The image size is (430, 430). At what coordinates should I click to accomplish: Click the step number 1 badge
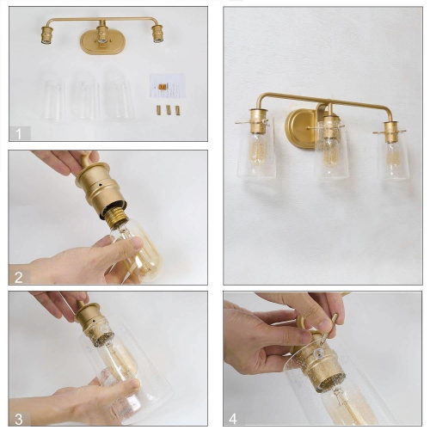click(x=20, y=132)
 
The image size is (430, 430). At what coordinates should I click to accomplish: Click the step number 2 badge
click(x=20, y=276)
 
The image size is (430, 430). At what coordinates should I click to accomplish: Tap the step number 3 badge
click(x=20, y=418)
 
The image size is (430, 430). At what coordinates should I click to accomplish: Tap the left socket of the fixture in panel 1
click(x=46, y=34)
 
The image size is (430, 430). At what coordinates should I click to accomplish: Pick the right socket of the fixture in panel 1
click(x=157, y=34)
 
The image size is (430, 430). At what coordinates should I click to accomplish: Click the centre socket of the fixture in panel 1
click(x=101, y=35)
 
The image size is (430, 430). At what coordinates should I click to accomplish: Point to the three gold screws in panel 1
click(x=168, y=110)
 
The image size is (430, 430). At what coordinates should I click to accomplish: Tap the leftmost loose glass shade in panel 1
click(x=53, y=96)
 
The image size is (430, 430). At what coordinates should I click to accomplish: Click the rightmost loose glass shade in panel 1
click(x=119, y=95)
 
